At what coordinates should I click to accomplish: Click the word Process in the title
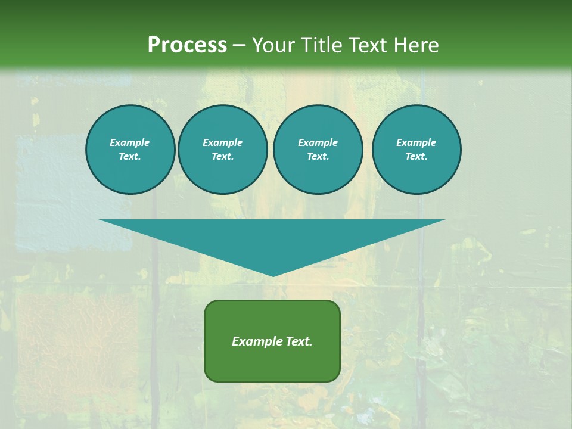pos(187,45)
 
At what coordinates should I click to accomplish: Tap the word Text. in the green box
pos(299,341)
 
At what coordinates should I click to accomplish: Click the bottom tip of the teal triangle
pos(273,275)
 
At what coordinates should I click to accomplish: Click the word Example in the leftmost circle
pos(130,142)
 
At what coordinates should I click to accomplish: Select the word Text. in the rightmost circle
pos(416,156)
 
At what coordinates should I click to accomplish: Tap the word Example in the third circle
pos(318,142)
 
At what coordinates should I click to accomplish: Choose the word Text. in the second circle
pos(223,156)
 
